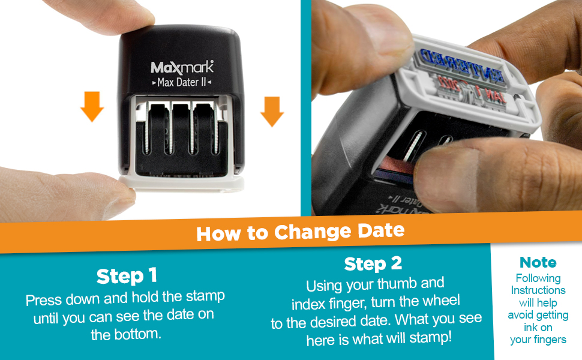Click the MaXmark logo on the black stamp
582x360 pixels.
click(181, 67)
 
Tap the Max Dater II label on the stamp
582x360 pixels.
click(181, 82)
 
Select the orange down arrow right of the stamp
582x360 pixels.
click(272, 110)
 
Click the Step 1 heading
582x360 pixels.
click(127, 276)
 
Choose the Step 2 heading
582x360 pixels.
click(373, 264)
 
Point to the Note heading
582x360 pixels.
click(538, 262)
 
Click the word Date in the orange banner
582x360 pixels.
click(379, 230)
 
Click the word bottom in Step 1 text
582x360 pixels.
click(143, 335)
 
